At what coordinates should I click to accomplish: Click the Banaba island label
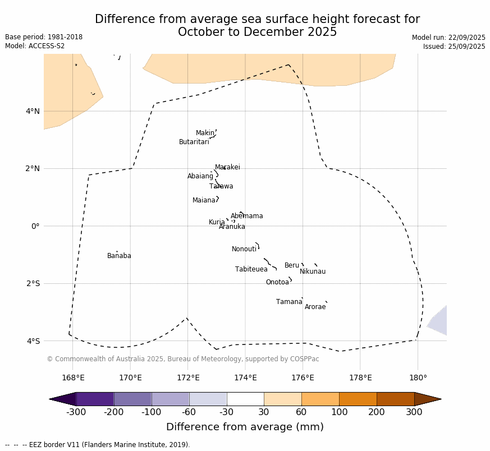119,256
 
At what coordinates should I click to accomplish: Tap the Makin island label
205,133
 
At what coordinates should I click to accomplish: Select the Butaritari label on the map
194,142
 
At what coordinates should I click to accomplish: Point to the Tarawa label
221,186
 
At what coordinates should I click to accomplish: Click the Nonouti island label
244,249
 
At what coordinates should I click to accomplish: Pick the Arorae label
315,307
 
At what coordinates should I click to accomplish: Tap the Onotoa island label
277,282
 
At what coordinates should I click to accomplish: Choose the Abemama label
247,216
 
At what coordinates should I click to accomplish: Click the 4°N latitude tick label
33,111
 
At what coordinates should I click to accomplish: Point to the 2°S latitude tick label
33,283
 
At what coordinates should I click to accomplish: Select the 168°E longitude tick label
73,378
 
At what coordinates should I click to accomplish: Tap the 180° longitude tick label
418,378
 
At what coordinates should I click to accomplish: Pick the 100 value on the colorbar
339,413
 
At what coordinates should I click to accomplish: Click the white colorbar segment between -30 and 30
245,399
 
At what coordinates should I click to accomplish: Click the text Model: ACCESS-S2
35,46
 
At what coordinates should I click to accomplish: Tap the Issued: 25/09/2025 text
454,47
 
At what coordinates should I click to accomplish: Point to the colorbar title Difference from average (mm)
245,427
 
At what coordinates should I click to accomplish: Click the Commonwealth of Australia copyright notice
183,359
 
